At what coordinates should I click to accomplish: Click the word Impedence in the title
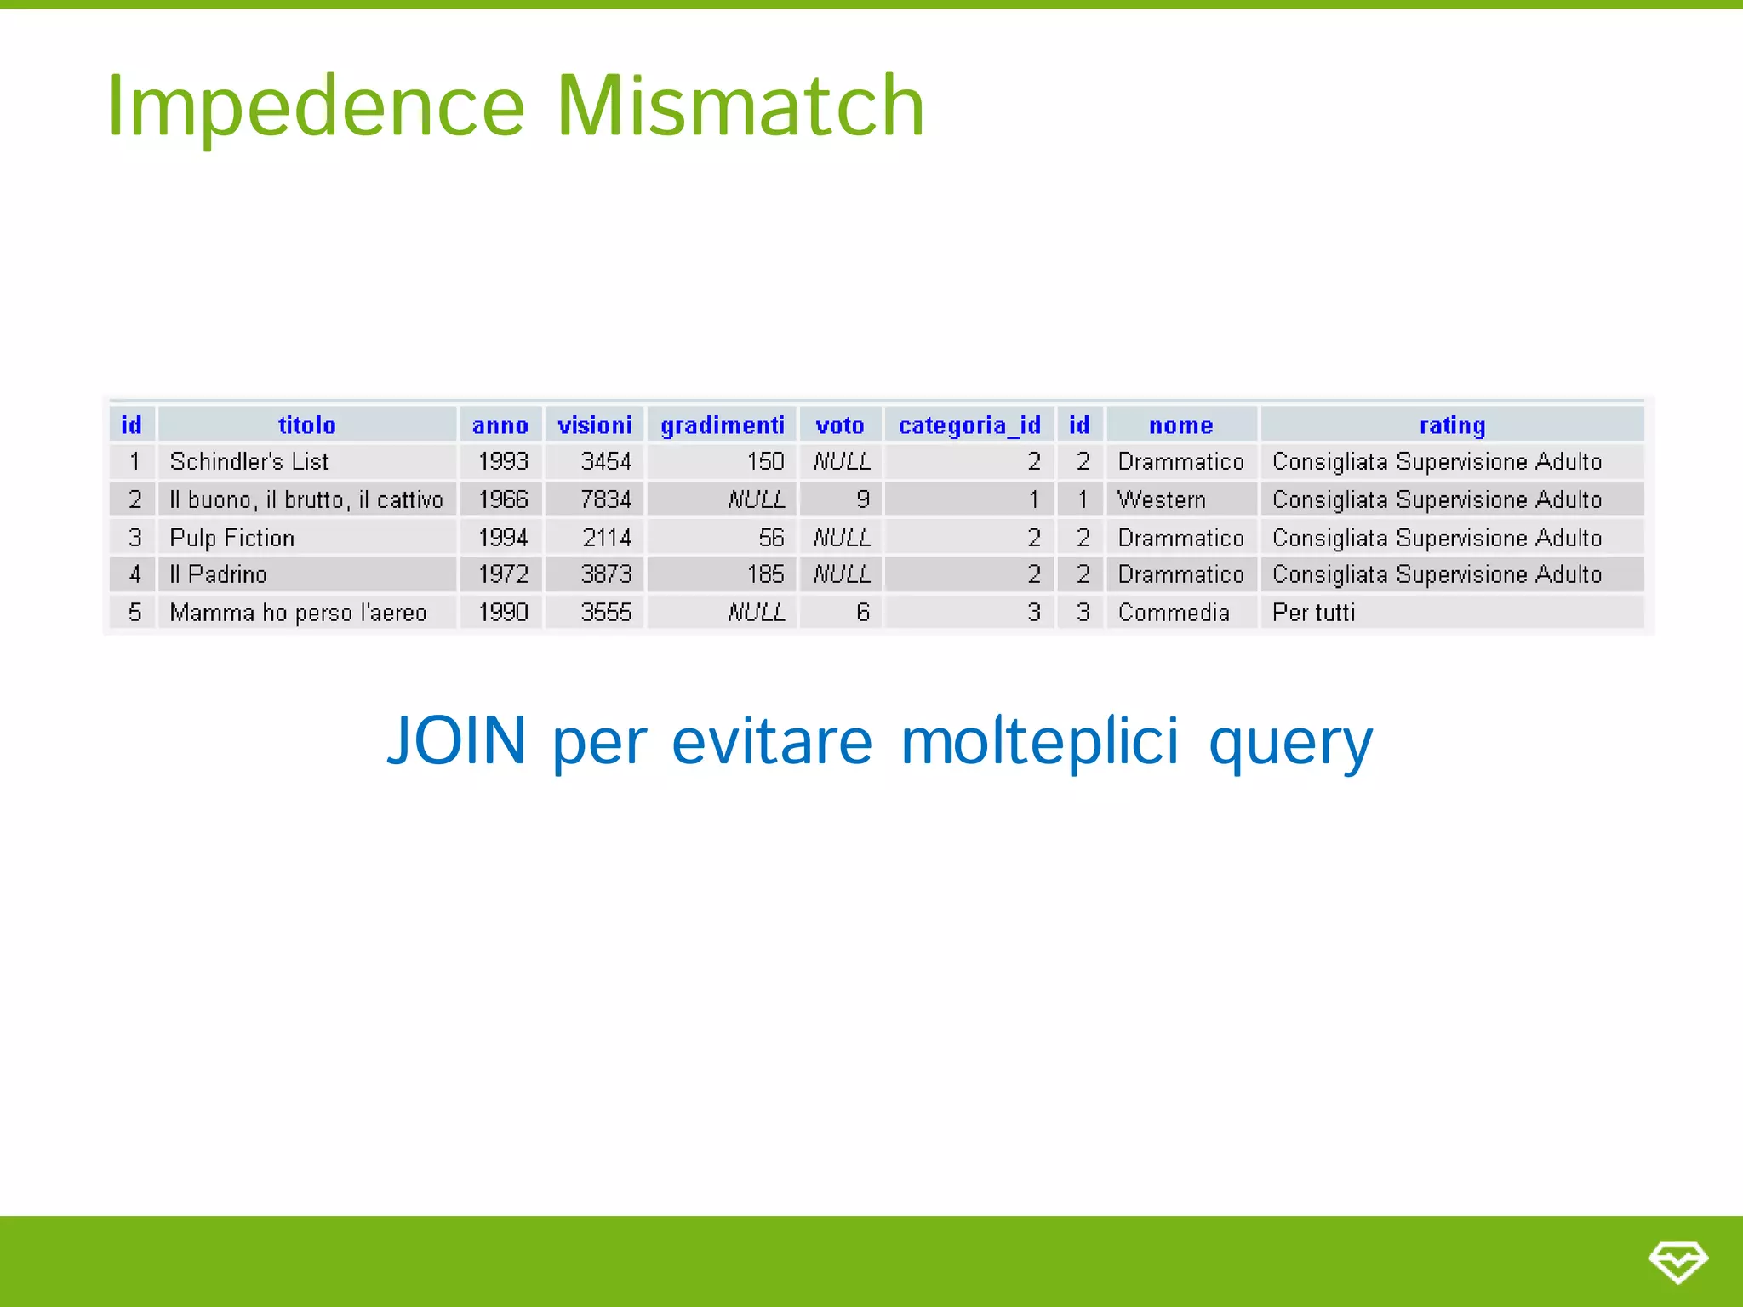316,107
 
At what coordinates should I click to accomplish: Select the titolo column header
306,425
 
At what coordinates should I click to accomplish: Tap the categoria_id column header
969,425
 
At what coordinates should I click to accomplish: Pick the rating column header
1452,425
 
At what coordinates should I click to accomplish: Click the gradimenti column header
722,425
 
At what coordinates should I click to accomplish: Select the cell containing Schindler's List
249,461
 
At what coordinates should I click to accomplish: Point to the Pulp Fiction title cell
231,538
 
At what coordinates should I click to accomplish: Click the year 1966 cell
502,499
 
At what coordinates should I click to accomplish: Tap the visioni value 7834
605,499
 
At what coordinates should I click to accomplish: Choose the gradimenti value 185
764,574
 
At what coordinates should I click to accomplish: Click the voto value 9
862,499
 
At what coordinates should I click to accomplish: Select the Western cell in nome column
1161,499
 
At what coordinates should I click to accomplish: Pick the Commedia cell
1173,613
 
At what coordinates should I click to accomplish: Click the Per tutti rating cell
1313,613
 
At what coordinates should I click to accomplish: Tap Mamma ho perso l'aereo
298,613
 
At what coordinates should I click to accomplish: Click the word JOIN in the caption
456,740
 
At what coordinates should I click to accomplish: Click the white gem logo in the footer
1677,1261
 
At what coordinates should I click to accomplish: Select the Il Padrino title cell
219,574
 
